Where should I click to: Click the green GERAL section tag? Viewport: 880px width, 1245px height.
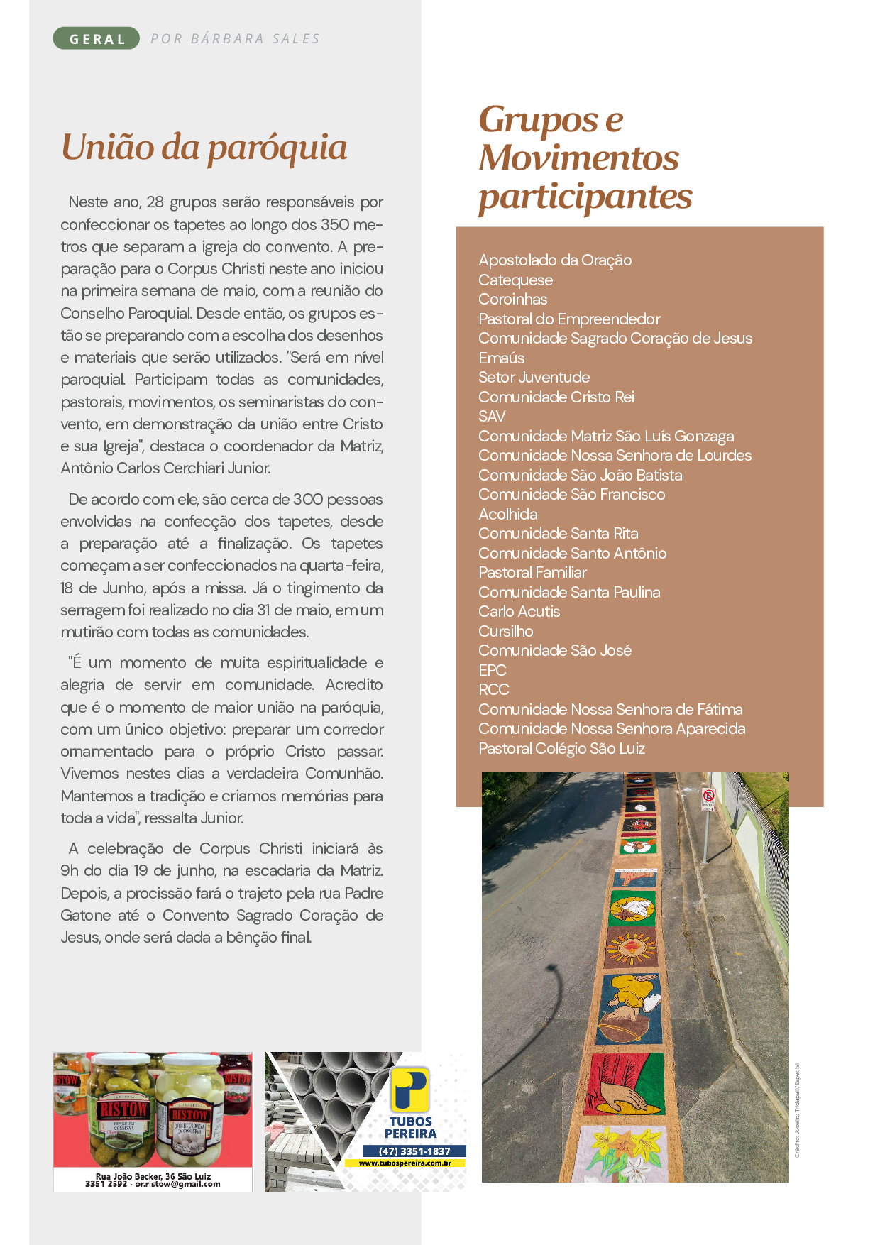(x=97, y=39)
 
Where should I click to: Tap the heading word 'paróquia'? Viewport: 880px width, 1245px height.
(x=277, y=148)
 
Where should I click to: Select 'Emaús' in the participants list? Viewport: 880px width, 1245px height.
(x=501, y=358)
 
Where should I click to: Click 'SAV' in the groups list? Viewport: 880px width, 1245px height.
(x=492, y=417)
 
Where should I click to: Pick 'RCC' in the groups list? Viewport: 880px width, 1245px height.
(x=493, y=689)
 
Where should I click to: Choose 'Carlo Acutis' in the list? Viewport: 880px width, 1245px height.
(x=519, y=611)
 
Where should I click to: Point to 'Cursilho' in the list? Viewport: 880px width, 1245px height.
(x=505, y=631)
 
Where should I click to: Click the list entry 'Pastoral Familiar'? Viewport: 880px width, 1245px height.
(x=532, y=572)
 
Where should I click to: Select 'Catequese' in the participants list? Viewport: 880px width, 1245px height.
(x=515, y=280)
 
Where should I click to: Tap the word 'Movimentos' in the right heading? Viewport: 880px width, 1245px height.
(x=578, y=158)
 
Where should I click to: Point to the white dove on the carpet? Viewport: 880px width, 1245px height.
(x=631, y=908)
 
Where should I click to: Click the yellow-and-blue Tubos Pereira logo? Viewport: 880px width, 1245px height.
(x=409, y=1090)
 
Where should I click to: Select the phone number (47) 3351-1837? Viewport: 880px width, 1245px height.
(x=414, y=1151)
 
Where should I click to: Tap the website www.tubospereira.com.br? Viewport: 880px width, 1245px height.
(x=405, y=1163)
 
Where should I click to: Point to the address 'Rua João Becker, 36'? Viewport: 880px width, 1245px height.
(x=153, y=1176)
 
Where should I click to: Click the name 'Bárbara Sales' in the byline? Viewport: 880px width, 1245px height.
(x=255, y=39)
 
